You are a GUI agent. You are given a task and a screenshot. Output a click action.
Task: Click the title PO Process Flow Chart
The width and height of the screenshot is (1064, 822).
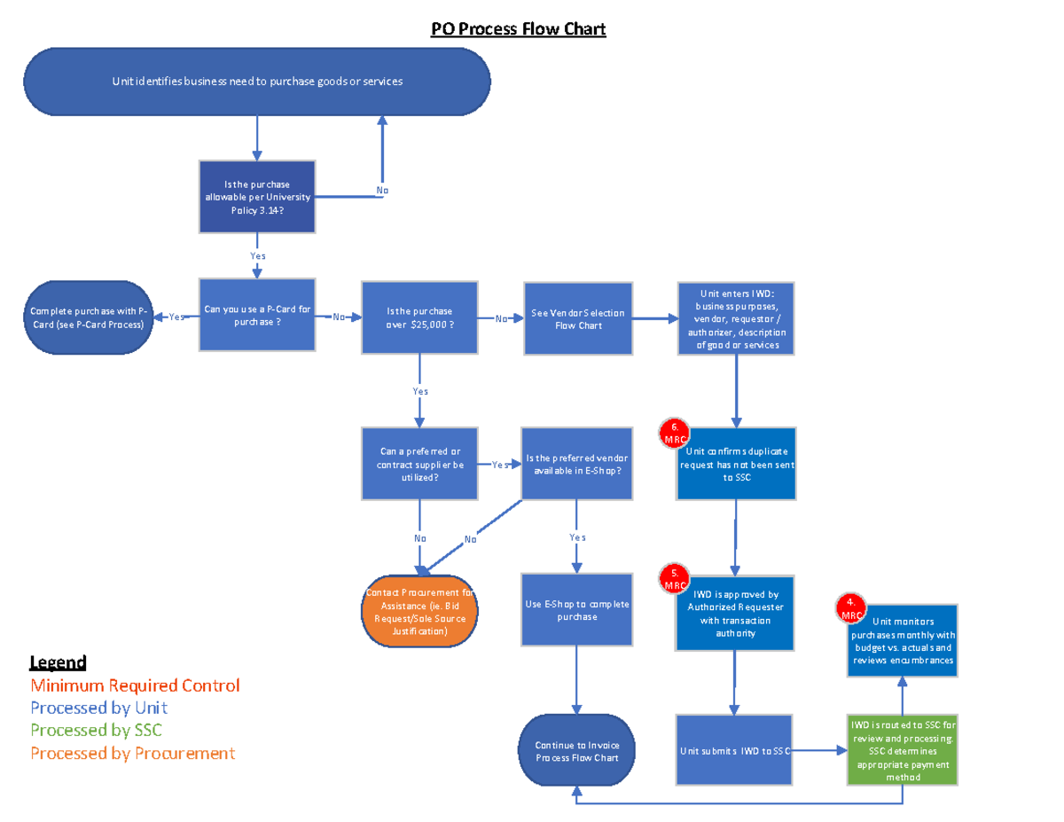(x=518, y=29)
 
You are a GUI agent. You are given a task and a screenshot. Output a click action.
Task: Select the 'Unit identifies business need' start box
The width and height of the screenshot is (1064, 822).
(x=257, y=82)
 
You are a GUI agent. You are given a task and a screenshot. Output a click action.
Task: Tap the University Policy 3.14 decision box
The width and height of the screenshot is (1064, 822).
(x=257, y=196)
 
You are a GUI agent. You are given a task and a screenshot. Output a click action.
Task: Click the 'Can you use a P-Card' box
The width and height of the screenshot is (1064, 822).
(x=257, y=315)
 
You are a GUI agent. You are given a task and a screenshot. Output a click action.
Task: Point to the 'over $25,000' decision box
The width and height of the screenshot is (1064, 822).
(x=419, y=317)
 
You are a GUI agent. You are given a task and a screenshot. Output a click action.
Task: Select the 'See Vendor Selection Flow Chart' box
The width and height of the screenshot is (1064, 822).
(x=578, y=319)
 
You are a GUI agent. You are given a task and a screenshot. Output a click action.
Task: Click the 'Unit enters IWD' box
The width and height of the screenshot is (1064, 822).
(x=737, y=319)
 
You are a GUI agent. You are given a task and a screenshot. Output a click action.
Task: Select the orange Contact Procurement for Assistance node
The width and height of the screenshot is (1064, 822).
(x=420, y=613)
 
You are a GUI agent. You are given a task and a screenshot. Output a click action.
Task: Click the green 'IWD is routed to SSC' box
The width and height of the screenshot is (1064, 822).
(x=903, y=751)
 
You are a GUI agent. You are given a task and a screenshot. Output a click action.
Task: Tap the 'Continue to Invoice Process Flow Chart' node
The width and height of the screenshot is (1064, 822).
(x=577, y=751)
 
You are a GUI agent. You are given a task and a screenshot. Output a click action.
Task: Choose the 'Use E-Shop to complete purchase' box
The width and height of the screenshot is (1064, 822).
(x=577, y=610)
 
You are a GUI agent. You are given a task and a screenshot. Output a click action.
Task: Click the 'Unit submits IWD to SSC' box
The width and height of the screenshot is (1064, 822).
(x=732, y=751)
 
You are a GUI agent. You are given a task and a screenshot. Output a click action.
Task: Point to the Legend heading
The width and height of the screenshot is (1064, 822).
(x=58, y=662)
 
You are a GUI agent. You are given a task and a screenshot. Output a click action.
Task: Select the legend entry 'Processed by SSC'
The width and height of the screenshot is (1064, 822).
(x=96, y=730)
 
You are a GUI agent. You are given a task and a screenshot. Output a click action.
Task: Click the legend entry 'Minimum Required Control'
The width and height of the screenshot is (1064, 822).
(x=135, y=685)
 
